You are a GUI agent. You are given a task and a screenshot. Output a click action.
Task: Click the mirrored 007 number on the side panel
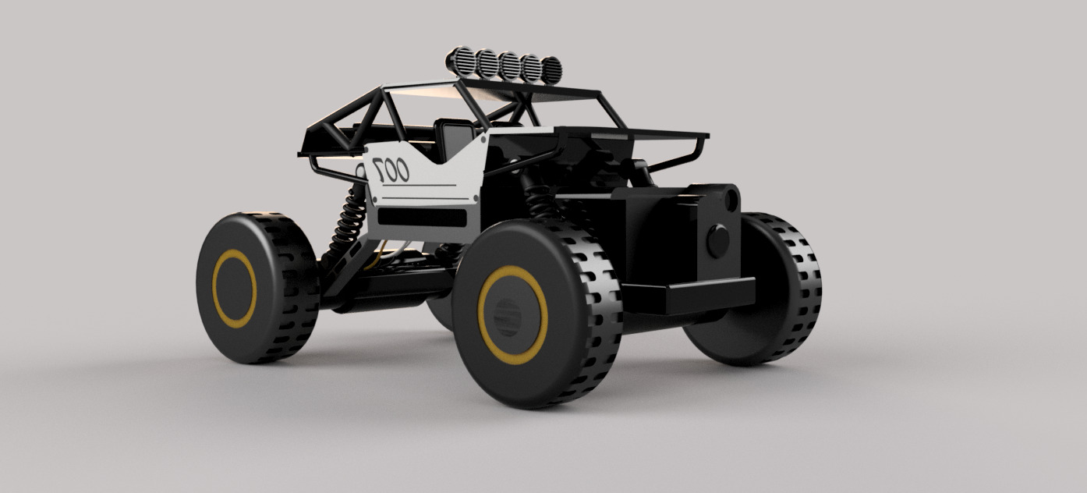click(x=391, y=168)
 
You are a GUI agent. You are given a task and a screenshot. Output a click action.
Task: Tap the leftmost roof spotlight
click(x=458, y=59)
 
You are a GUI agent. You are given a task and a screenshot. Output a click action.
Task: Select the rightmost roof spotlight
click(x=551, y=70)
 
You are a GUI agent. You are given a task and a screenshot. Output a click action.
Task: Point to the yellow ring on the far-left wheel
click(x=217, y=289)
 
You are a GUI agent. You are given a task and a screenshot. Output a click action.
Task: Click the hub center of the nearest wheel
click(x=508, y=315)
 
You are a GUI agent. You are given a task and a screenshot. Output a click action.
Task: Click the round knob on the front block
click(x=717, y=240)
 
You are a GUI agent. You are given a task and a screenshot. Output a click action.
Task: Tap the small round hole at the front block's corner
click(x=732, y=198)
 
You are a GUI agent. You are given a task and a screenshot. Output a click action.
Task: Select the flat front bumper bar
click(x=686, y=296)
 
